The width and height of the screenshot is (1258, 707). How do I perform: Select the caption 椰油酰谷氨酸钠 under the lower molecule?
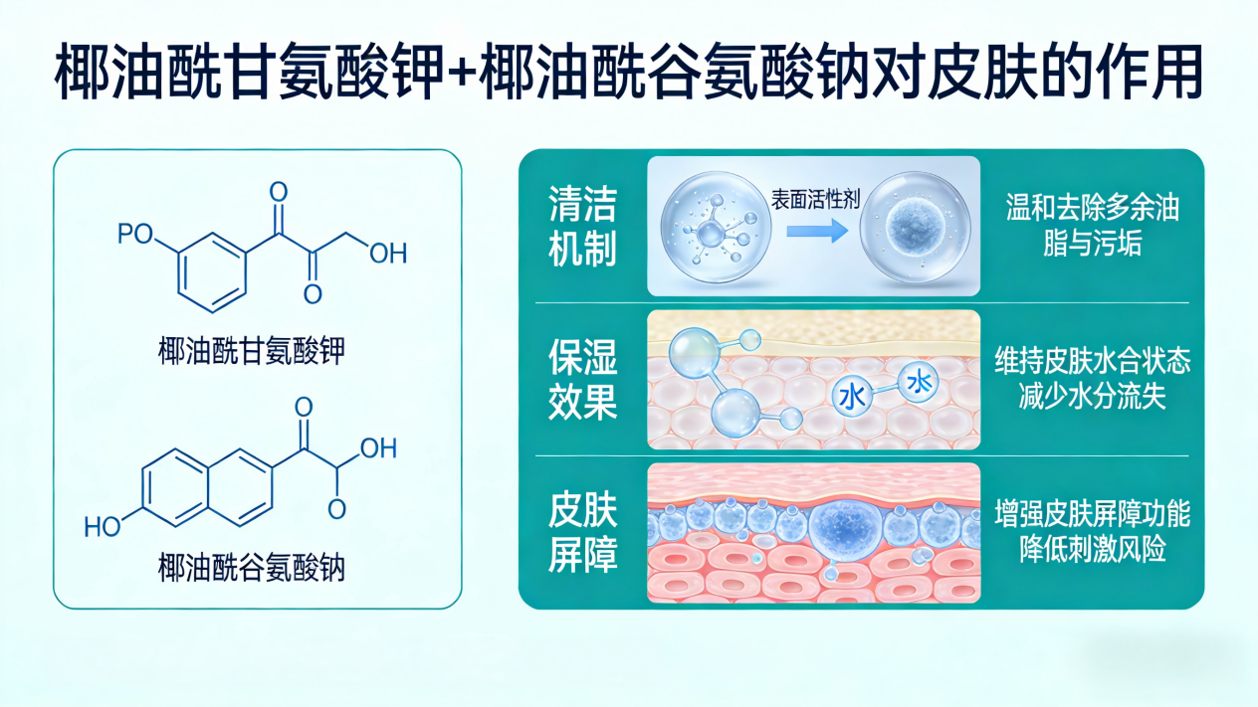point(257,568)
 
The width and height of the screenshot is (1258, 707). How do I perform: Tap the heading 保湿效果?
point(582,379)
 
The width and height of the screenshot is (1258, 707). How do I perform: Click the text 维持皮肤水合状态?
point(1092,359)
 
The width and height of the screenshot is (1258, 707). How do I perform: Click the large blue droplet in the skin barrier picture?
point(844,525)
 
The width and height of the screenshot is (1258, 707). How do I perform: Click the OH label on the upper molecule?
point(387,254)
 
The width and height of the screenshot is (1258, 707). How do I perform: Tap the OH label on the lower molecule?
point(378,447)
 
